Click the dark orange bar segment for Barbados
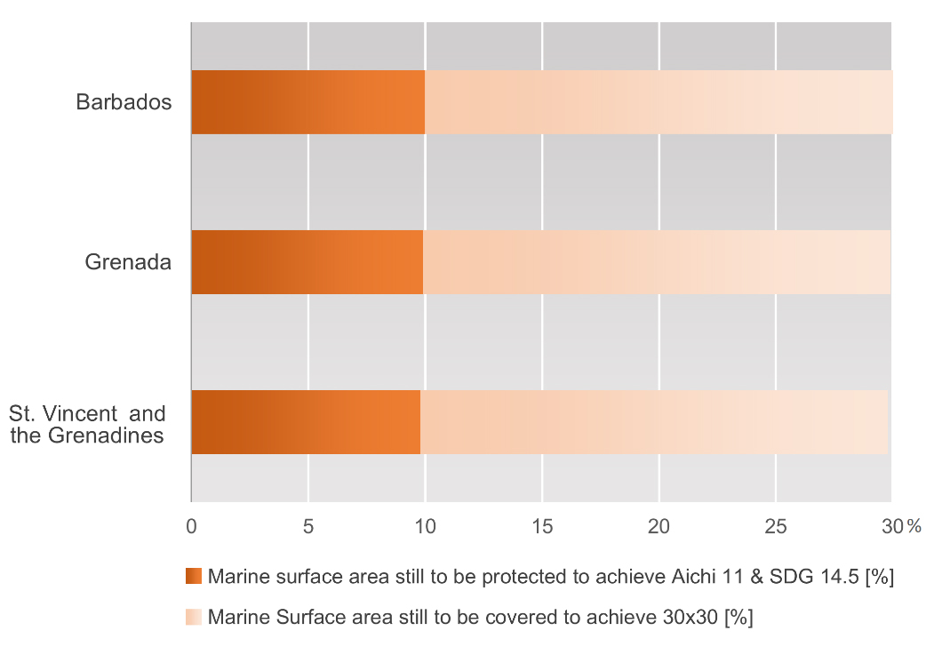click(x=307, y=102)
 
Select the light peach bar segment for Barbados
click(x=659, y=102)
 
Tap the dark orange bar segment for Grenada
click(x=307, y=262)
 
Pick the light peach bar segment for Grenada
click(x=657, y=262)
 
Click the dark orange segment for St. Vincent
click(x=306, y=422)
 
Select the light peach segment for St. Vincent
click(x=654, y=422)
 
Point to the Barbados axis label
click(x=124, y=102)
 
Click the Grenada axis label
click(x=128, y=262)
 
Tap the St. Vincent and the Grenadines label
click(x=87, y=425)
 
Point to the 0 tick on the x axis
click(x=191, y=526)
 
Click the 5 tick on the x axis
click(x=308, y=526)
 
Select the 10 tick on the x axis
click(x=425, y=526)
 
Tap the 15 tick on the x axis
click(x=542, y=526)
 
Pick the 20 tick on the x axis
click(x=659, y=526)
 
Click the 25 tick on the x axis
click(x=776, y=526)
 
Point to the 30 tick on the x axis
click(x=890, y=526)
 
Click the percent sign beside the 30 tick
click(x=914, y=527)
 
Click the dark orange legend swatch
click(x=194, y=577)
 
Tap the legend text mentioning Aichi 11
click(x=550, y=577)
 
